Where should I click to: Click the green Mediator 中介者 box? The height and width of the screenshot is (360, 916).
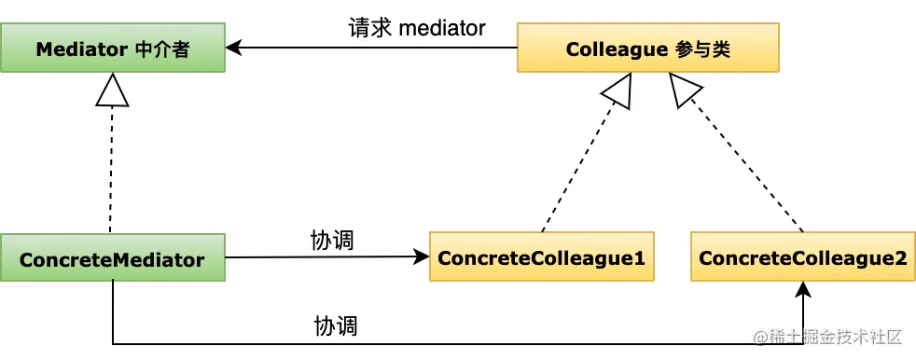(112, 48)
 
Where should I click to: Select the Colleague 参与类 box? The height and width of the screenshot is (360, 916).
(647, 48)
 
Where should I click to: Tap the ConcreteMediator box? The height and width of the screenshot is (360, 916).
(112, 258)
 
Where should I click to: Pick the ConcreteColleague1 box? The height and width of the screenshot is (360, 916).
(541, 258)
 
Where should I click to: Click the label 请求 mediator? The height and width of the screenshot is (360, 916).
(417, 28)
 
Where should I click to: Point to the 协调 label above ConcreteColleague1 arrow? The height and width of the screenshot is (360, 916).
(332, 240)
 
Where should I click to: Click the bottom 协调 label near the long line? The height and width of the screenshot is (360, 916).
(337, 326)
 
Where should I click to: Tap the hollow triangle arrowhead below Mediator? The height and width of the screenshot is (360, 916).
(112, 90)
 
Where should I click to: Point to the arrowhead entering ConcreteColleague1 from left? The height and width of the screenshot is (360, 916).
(421, 257)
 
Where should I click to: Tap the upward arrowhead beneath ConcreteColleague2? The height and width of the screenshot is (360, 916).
(802, 290)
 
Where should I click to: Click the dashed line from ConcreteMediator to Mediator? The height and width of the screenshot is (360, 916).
(112, 168)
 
